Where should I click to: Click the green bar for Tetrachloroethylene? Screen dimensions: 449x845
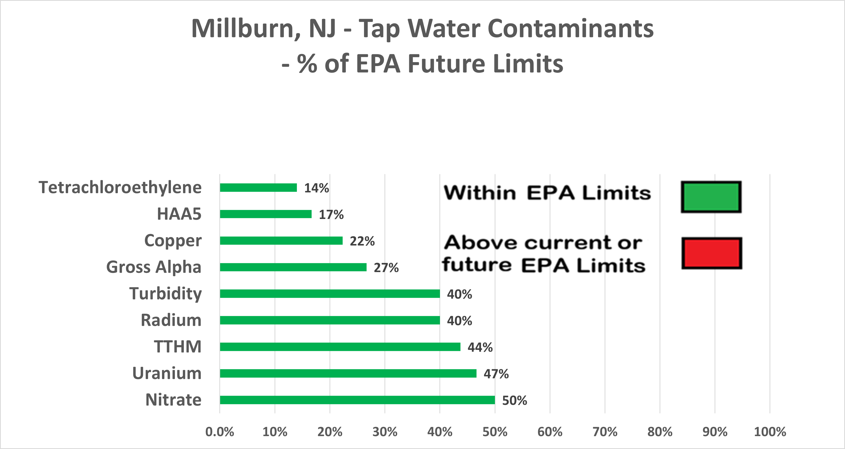click(x=258, y=187)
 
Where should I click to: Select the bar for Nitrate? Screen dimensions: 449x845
click(x=357, y=400)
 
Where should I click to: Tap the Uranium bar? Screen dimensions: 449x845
click(x=348, y=373)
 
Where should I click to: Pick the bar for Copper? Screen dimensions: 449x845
click(x=281, y=241)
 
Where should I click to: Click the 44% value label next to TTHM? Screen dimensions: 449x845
click(x=480, y=347)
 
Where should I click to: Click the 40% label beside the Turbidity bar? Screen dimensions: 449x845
click(x=459, y=294)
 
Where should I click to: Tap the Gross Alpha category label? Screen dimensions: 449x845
click(x=154, y=267)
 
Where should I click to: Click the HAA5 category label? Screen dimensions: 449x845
click(x=179, y=214)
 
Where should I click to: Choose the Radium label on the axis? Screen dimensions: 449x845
click(x=171, y=320)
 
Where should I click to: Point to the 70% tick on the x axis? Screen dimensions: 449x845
click(x=605, y=432)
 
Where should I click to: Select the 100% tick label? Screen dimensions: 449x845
click(x=770, y=432)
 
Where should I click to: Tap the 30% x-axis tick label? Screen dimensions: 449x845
click(x=385, y=432)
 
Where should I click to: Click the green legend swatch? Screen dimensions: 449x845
click(x=711, y=197)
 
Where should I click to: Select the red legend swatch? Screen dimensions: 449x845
click(x=711, y=253)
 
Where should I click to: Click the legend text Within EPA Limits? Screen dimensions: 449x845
click(x=547, y=193)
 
